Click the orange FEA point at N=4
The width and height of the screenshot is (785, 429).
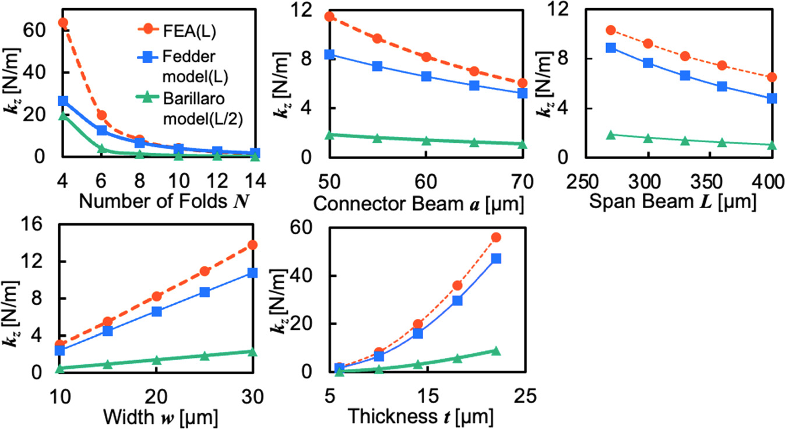(x=63, y=23)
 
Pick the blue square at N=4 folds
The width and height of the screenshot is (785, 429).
(x=63, y=101)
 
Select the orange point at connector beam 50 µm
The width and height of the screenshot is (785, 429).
(x=329, y=16)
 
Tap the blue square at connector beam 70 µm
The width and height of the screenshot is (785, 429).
(x=522, y=93)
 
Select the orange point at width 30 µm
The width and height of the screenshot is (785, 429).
(x=252, y=245)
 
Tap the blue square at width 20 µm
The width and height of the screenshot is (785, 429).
(x=157, y=311)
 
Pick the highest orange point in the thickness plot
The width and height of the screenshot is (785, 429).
(x=496, y=237)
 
